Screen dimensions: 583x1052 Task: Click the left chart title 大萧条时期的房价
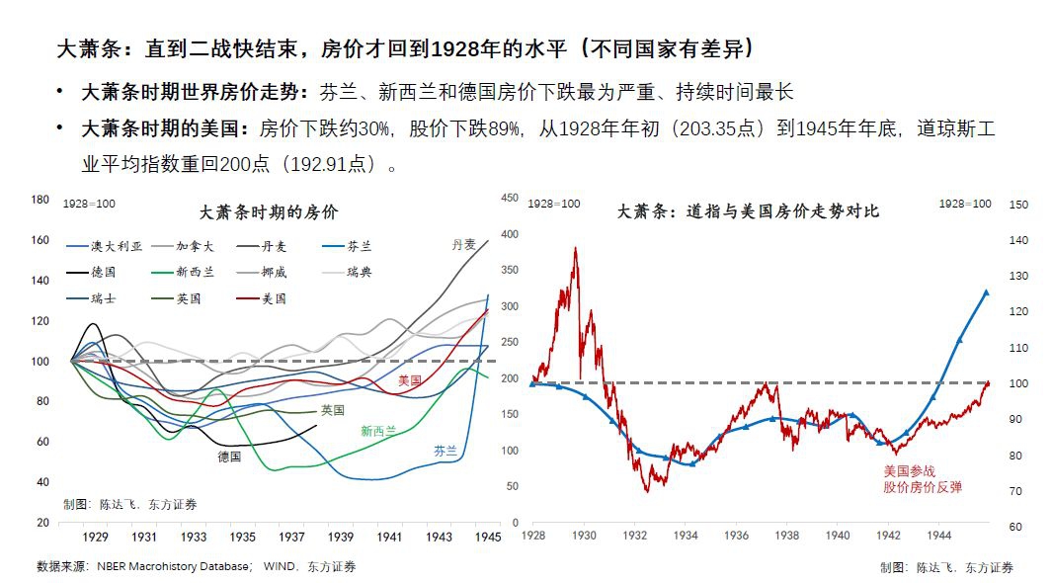[268, 211]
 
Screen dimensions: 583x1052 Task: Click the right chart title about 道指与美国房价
[748, 211]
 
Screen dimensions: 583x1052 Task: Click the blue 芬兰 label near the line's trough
[445, 450]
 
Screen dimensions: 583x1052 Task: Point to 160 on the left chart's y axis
[40, 240]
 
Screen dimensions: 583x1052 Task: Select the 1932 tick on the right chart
[635, 536]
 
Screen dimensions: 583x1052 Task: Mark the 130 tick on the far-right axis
[1017, 276]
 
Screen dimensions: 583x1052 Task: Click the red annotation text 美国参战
[908, 471]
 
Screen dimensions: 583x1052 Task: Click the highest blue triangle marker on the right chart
[985, 292]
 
